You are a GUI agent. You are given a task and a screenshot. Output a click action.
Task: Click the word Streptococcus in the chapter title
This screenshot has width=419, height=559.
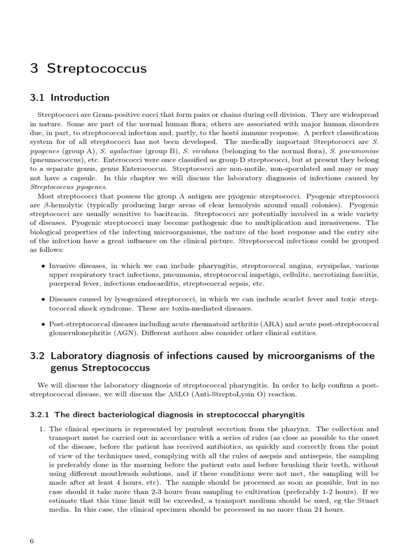pyautogui.click(x=97, y=68)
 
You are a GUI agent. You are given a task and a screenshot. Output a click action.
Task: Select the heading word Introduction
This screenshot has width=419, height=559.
pyautogui.click(x=80, y=98)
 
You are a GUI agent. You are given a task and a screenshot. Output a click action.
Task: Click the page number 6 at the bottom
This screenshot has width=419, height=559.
pyautogui.click(x=32, y=541)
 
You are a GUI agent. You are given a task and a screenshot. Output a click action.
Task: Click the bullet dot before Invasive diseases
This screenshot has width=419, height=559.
pyautogui.click(x=43, y=265)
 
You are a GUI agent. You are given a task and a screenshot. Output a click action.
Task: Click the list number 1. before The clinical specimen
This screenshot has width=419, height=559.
pyautogui.click(x=41, y=429)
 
